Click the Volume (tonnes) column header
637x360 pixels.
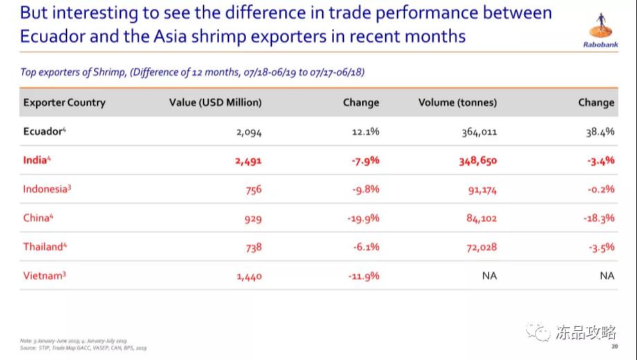coord(458,102)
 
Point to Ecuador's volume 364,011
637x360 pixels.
coord(479,132)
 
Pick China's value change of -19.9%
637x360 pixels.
coord(363,219)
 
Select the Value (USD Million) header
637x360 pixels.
coord(215,102)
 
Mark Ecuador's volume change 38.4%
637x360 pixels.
coord(600,132)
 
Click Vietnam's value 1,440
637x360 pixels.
coord(248,276)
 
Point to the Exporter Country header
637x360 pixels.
coord(64,102)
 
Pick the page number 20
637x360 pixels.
coord(614,347)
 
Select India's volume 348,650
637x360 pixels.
coord(478,161)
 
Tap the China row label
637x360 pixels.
coord(38,218)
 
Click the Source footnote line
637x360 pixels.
coord(83,348)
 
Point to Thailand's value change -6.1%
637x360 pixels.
coord(364,247)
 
